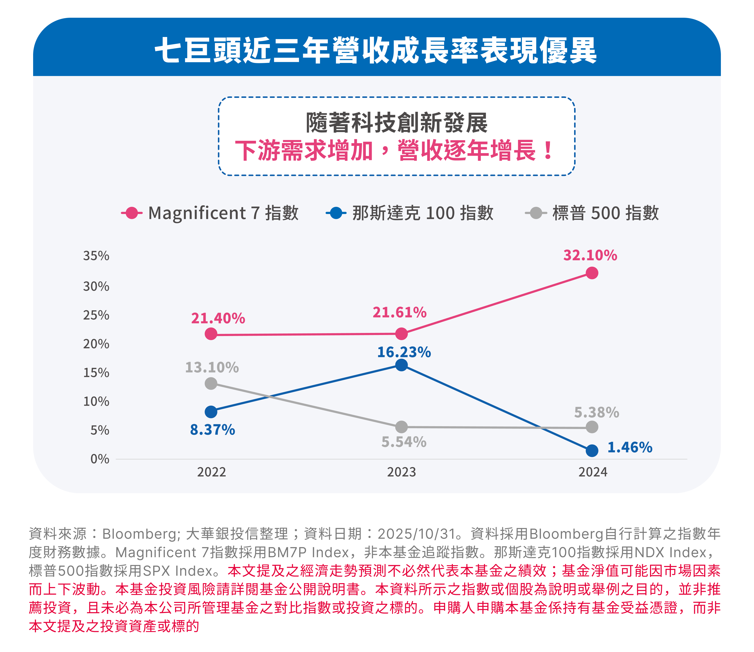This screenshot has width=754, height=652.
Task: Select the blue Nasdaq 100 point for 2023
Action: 401,365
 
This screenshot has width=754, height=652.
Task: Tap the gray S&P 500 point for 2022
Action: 211,383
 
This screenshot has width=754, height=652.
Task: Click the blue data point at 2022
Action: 211,412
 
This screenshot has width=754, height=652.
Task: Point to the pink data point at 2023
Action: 401,333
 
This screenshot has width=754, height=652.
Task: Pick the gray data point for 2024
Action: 592,427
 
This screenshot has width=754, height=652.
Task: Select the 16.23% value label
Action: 404,352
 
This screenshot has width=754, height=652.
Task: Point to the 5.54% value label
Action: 404,442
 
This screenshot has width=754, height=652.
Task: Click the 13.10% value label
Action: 212,367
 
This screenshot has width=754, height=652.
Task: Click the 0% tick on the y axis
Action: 100,459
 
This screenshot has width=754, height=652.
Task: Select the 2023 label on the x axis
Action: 401,472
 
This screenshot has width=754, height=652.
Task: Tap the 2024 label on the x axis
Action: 593,472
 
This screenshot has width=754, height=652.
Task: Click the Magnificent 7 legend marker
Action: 132,213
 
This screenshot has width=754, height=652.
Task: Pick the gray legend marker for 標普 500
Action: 536,213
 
